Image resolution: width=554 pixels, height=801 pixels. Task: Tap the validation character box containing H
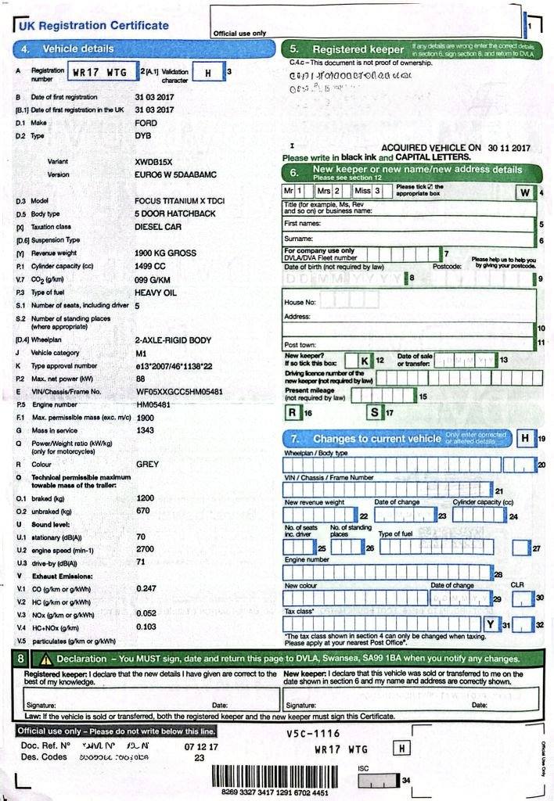(207, 73)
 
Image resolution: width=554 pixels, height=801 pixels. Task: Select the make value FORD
(146, 123)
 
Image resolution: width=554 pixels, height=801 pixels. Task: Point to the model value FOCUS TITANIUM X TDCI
(179, 201)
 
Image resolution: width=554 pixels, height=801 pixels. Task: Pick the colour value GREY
(148, 464)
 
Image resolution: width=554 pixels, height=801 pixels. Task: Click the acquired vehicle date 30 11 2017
(509, 147)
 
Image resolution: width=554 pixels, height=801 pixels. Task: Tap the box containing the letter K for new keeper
(363, 360)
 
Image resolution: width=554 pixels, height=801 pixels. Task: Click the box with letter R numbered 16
(292, 411)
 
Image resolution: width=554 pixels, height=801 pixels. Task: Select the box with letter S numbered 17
(375, 411)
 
